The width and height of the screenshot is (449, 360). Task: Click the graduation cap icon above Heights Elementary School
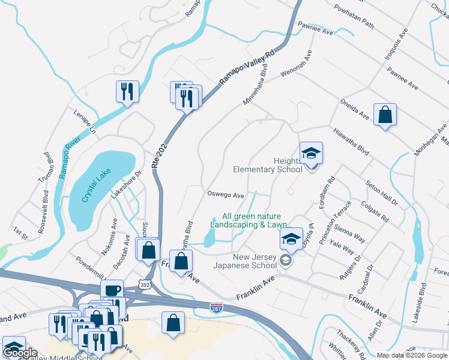311,154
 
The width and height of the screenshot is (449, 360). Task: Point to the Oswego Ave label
225,195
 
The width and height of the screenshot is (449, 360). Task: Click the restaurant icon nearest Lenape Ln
127,92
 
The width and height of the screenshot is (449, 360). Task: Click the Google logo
20,352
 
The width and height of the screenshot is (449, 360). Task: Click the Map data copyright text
411,355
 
